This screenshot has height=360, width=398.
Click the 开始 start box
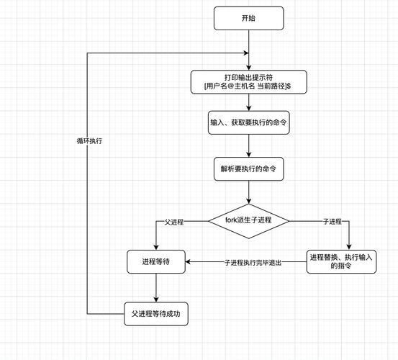[x=248, y=18]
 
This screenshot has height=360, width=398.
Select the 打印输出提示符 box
[x=248, y=81]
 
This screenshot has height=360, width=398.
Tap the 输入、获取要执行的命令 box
[x=248, y=122]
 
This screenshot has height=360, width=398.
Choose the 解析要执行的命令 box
[x=248, y=170]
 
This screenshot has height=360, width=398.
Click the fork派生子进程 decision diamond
[x=248, y=220]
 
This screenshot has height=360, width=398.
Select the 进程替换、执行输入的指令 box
[x=348, y=261]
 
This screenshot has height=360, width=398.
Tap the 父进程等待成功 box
[x=156, y=314]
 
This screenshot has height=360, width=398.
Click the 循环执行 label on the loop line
[x=89, y=140]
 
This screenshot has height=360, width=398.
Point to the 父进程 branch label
[x=174, y=222]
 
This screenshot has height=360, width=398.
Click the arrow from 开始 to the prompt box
[x=248, y=50]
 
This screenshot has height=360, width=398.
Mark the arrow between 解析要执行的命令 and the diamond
[x=248, y=193]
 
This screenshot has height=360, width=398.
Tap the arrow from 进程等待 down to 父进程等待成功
[x=156, y=288]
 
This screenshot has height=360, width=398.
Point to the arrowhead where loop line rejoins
[x=246, y=53]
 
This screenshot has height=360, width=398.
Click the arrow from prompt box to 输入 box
[x=248, y=102]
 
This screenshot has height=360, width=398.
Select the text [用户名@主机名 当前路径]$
[x=248, y=86]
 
